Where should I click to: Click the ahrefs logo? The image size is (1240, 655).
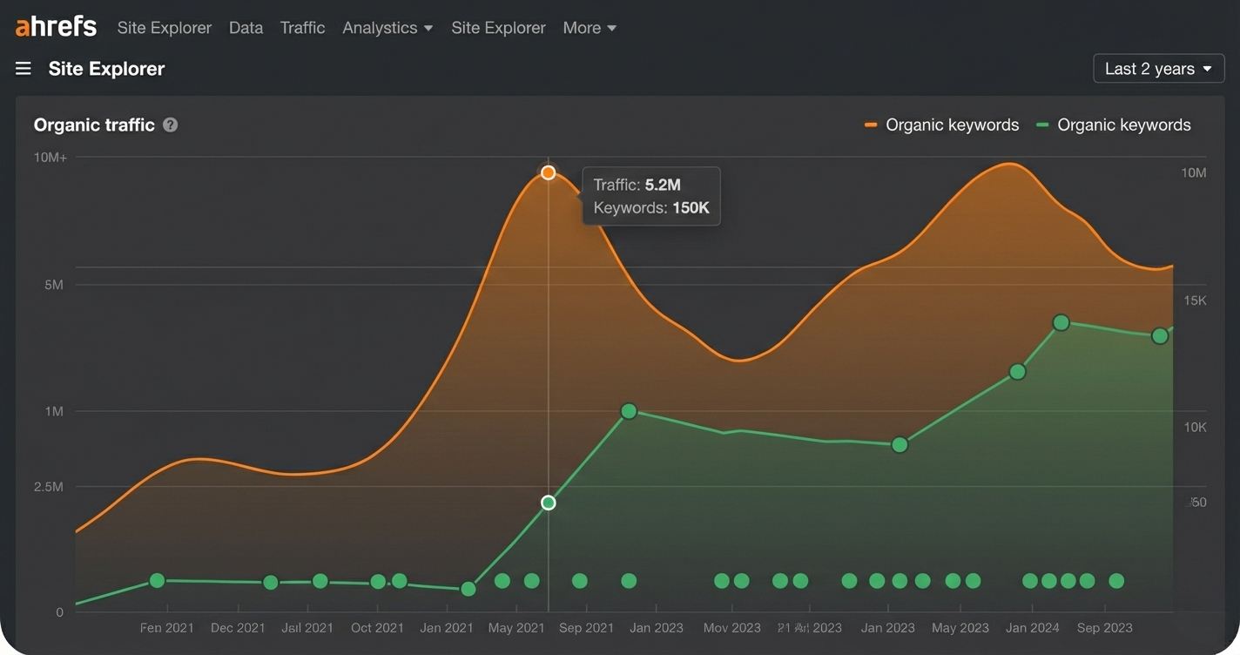[56, 27]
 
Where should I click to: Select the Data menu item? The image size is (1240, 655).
[246, 28]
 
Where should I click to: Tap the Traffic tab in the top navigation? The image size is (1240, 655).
[302, 28]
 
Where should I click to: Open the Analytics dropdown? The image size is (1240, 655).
[387, 28]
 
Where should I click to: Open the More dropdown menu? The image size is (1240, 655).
[590, 28]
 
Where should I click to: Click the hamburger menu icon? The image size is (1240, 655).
[24, 69]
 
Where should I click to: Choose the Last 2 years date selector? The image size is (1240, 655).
[1158, 69]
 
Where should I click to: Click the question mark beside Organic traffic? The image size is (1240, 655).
[171, 125]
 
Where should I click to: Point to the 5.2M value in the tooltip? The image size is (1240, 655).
[663, 185]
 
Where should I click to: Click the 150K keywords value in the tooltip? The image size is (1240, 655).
[691, 208]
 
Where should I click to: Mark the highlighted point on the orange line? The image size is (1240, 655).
[548, 172]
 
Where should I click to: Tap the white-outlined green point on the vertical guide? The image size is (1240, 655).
[548, 503]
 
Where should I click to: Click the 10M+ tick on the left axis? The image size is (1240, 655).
[51, 158]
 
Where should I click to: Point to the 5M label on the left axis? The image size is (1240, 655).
[54, 285]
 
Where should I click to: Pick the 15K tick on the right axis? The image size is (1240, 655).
[1195, 300]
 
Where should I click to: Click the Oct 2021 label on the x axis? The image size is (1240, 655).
[377, 627]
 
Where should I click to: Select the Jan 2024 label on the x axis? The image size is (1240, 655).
[1032, 627]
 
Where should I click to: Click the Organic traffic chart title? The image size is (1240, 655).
[94, 125]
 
